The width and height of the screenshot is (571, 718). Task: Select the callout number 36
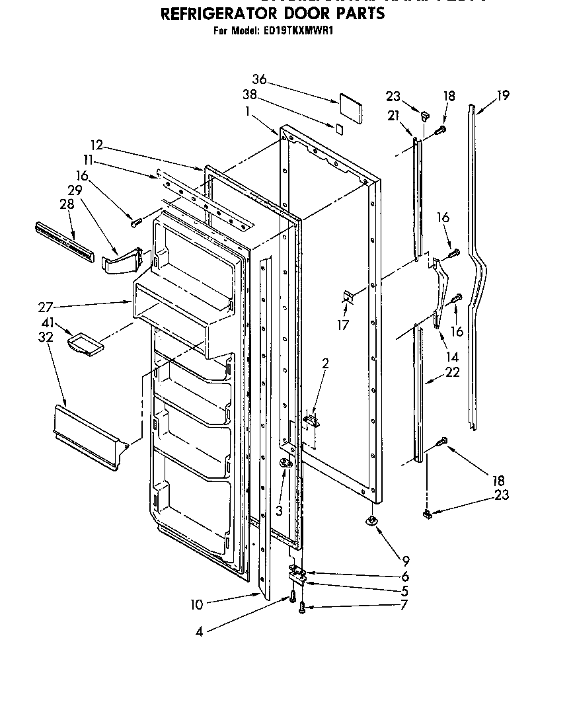click(x=259, y=80)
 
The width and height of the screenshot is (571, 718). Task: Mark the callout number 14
click(x=452, y=356)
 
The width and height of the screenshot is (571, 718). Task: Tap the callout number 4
click(x=199, y=631)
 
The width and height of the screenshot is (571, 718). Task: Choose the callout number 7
click(x=404, y=604)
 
